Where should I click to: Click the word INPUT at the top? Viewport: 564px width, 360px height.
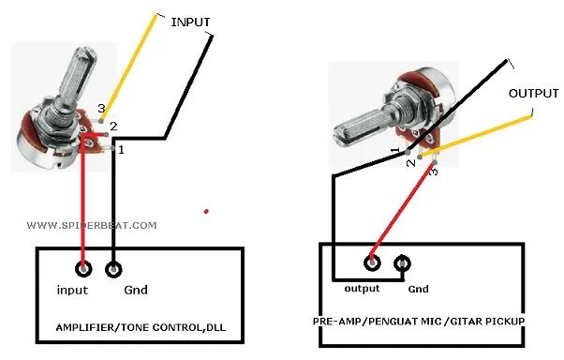190,22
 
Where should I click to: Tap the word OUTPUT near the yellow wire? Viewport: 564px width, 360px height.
531,94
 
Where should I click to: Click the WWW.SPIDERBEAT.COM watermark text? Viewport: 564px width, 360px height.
92,225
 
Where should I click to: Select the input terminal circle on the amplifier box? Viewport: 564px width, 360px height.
85,270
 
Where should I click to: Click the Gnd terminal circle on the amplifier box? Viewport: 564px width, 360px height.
114,270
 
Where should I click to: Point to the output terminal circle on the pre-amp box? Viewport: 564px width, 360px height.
372,262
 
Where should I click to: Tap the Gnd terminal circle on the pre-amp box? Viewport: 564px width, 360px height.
403,262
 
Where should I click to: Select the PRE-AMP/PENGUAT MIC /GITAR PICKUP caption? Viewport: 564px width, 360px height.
418,321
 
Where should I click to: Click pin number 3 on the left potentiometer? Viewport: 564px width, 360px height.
101,109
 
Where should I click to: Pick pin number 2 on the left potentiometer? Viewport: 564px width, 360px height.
114,126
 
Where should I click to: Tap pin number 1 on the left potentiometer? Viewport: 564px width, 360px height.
121,149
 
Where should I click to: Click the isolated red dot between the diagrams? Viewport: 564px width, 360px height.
206,212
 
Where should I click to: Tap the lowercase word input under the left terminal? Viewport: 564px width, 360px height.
72,290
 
